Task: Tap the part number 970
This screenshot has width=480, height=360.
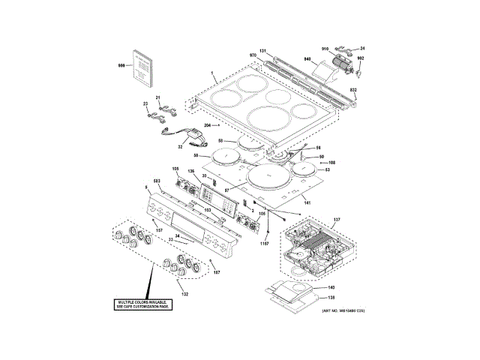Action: pyautogui.click(x=253, y=55)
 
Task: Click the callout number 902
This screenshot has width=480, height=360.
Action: pyautogui.click(x=361, y=58)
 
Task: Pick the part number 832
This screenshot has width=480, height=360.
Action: pyautogui.click(x=354, y=90)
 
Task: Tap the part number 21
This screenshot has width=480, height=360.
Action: pyautogui.click(x=158, y=98)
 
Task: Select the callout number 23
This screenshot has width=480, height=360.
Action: pyautogui.click(x=145, y=103)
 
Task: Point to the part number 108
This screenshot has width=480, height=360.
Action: pyautogui.click(x=331, y=163)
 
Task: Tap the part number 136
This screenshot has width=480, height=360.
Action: pyautogui.click(x=190, y=172)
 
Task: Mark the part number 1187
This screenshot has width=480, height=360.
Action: pyautogui.click(x=264, y=242)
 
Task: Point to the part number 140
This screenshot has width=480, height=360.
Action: pyautogui.click(x=331, y=288)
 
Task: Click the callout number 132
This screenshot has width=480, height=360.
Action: pyautogui.click(x=184, y=294)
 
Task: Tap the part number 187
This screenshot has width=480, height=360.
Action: pyautogui.click(x=217, y=271)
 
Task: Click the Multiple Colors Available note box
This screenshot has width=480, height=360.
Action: pyautogui.click(x=143, y=305)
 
